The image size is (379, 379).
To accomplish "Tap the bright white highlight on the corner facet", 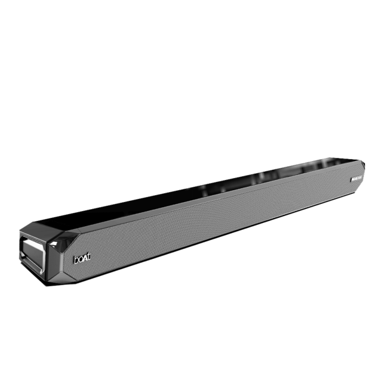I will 64,238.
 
